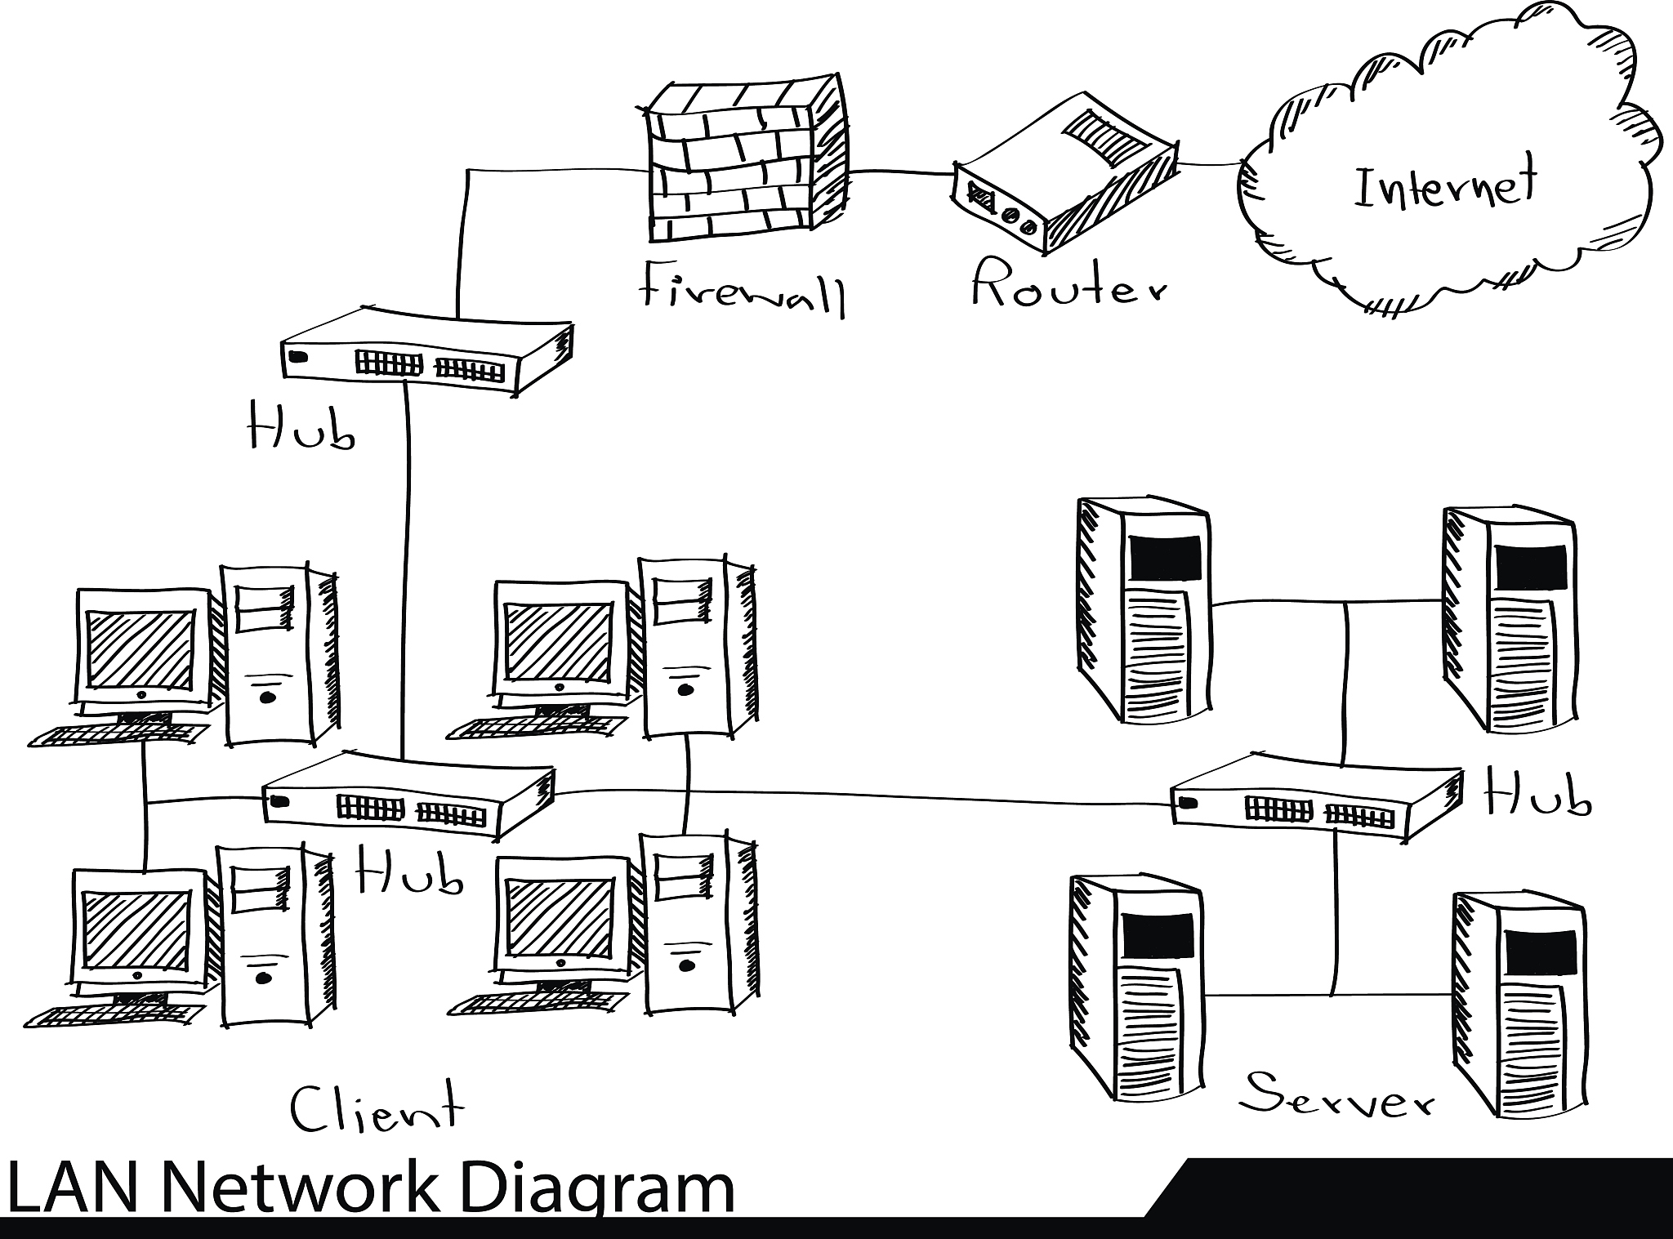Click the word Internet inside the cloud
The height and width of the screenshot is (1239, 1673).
click(1445, 185)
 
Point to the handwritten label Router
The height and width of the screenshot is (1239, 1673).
click(1068, 284)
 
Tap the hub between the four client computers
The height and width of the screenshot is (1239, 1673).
click(407, 797)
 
